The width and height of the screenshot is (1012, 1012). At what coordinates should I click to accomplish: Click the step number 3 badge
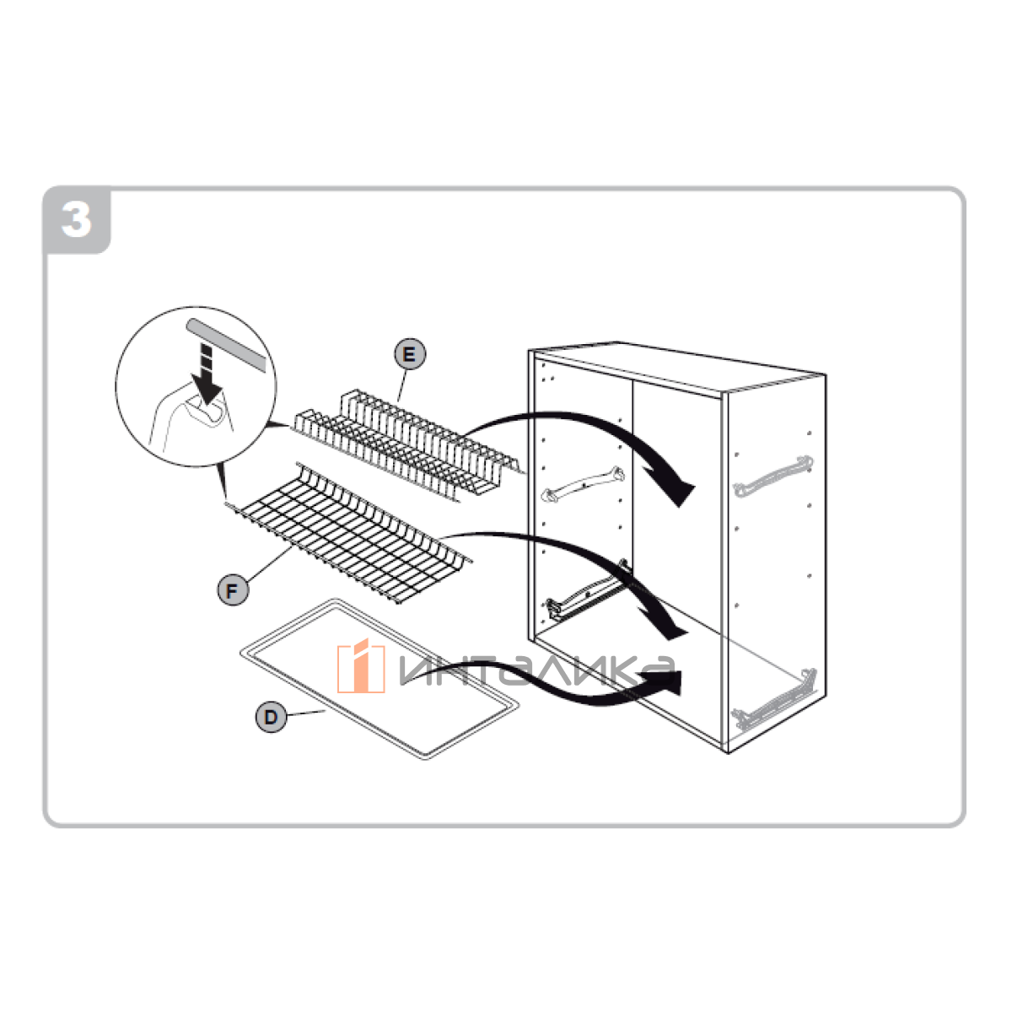(77, 219)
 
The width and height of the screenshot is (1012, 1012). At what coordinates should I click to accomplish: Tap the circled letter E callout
(410, 354)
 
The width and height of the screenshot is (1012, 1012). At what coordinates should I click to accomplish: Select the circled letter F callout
(233, 590)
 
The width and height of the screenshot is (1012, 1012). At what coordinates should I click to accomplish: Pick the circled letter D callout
(271, 717)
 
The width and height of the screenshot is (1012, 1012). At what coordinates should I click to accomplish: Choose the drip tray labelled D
(379, 679)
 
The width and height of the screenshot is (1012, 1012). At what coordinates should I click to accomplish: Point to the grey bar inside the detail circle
(226, 345)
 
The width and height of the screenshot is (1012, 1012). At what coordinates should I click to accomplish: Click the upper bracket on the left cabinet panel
(583, 484)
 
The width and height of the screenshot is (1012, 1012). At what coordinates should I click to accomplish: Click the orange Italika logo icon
(361, 666)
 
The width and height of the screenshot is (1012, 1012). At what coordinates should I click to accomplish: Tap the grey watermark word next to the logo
(536, 670)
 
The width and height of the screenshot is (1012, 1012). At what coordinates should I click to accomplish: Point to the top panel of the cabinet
(677, 367)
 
